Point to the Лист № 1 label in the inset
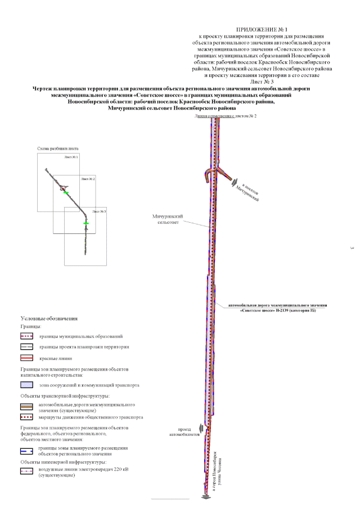pyautogui.click(x=71, y=156)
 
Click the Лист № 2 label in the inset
pyautogui.click(x=88, y=178)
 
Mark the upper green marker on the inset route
pyautogui.click(x=66, y=193)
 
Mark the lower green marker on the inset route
pyautogui.click(x=86, y=223)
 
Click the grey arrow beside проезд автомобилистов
pyautogui.click(x=193, y=429)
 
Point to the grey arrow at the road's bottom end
pyautogui.click(x=206, y=497)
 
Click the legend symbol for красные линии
pyautogui.click(x=26, y=358)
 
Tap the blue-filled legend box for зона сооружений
pyautogui.click(x=26, y=385)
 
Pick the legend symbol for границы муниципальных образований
pyautogui.click(x=26, y=336)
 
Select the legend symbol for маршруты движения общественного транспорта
pyautogui.click(x=26, y=418)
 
